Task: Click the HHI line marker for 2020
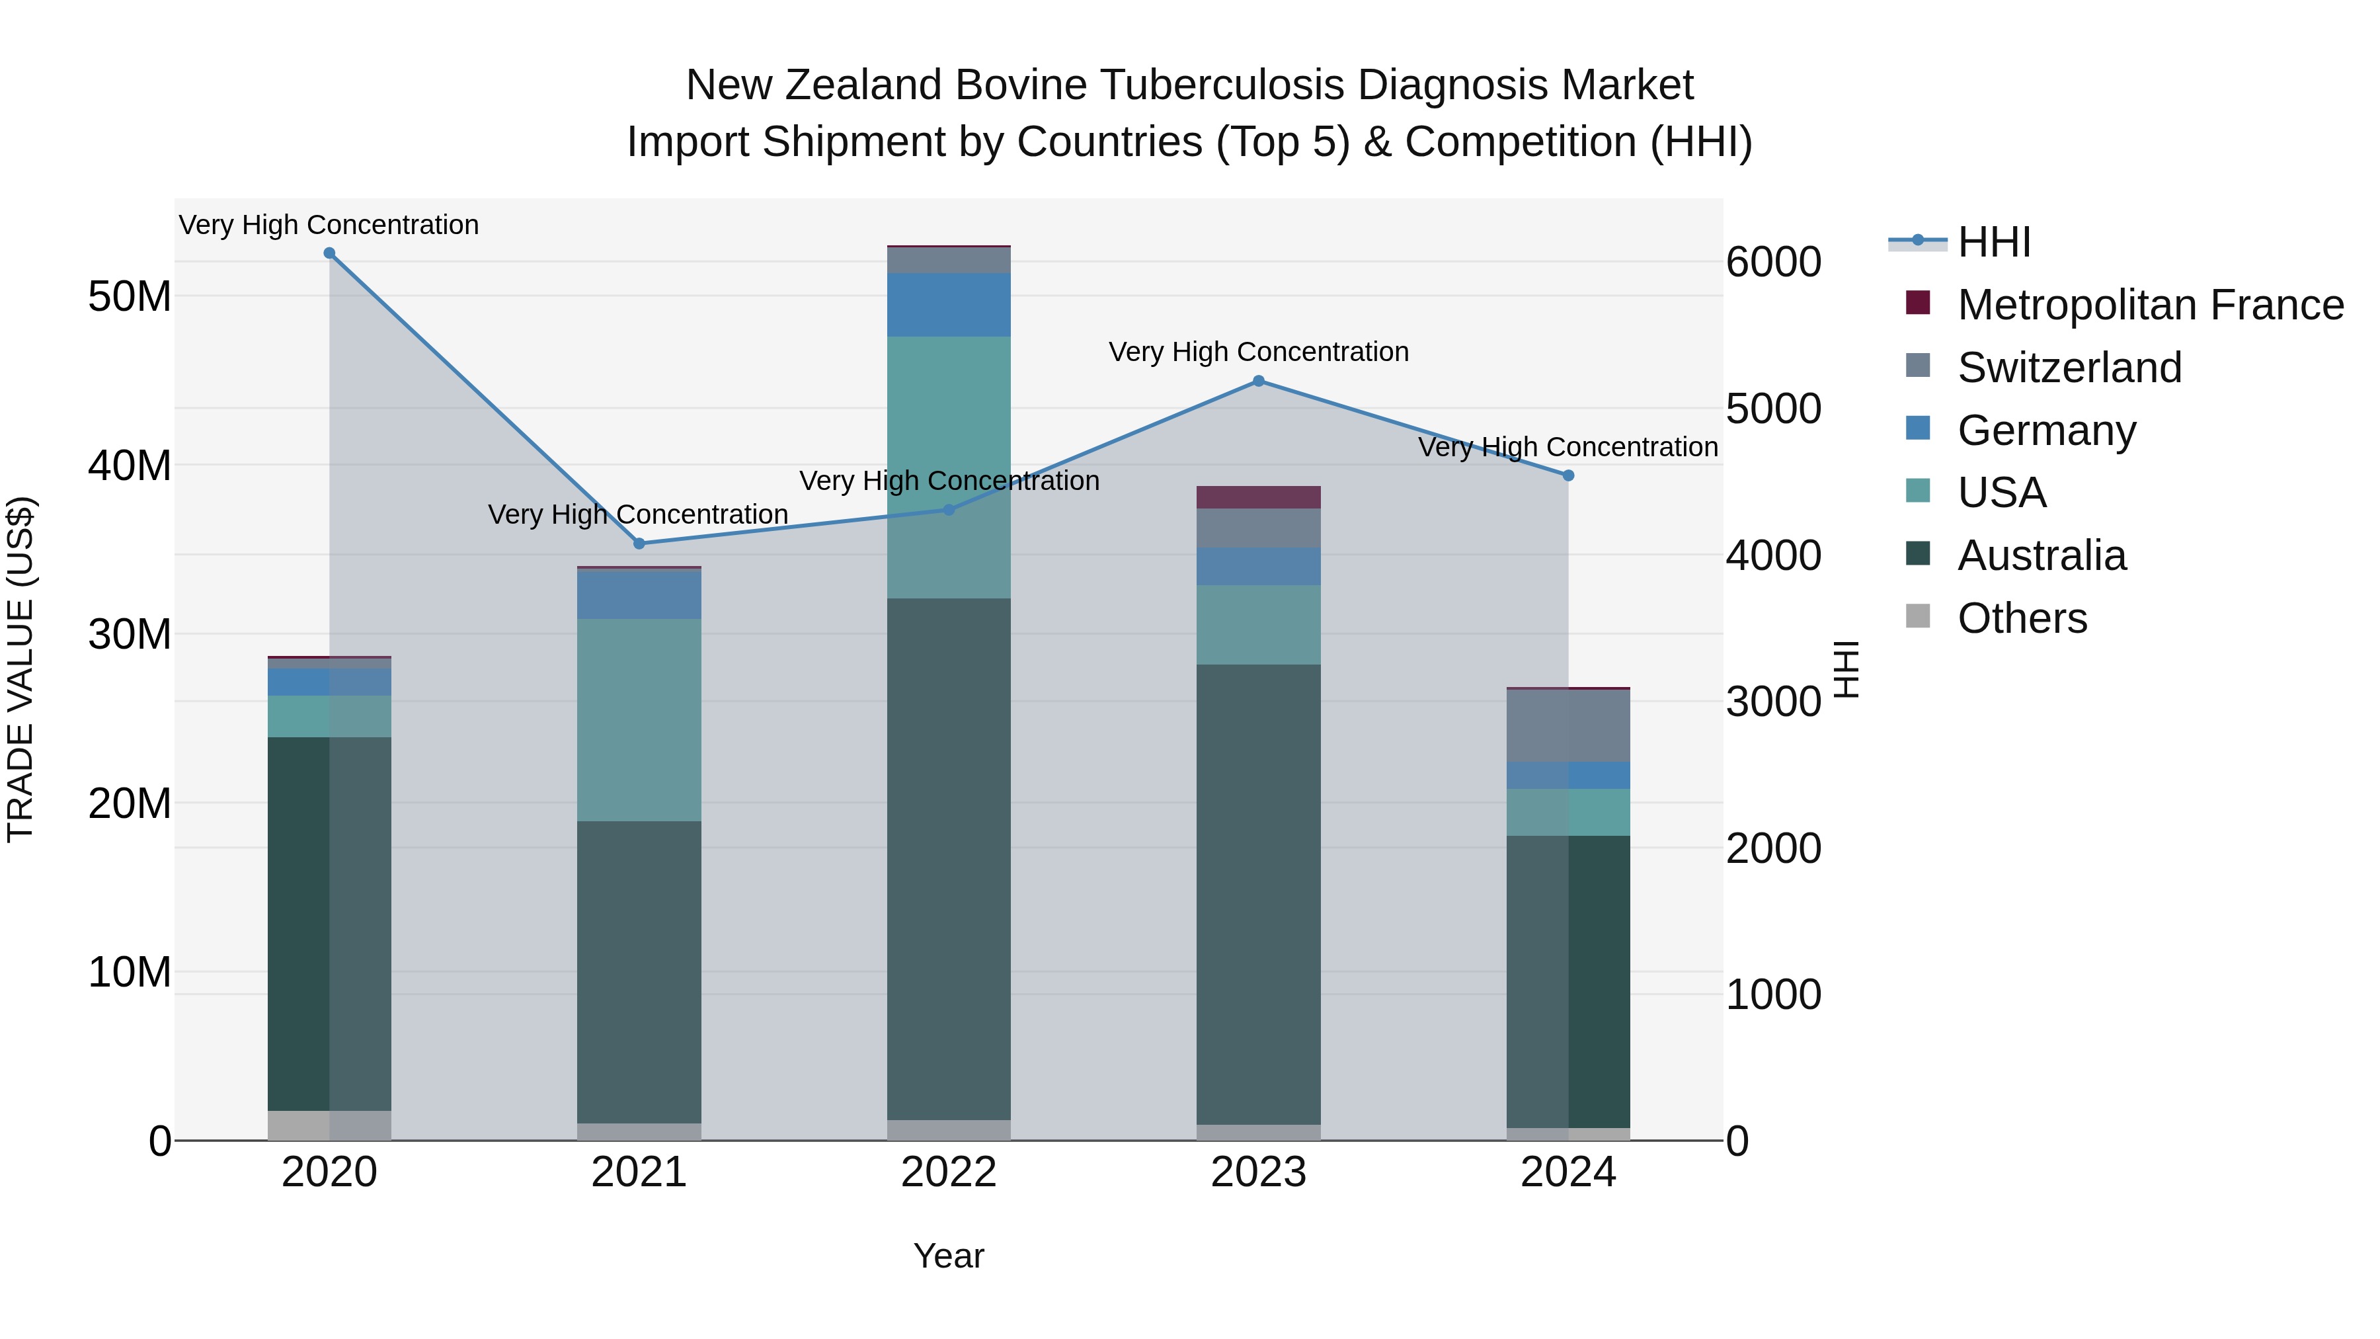click(x=329, y=253)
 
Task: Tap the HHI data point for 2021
click(x=639, y=544)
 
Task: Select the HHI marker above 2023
click(x=1257, y=381)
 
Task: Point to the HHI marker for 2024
click(x=1568, y=476)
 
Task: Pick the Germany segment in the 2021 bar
click(x=639, y=595)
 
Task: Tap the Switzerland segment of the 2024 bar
click(x=1568, y=725)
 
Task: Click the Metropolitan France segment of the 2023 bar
click(x=1257, y=497)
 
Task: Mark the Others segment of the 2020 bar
click(x=329, y=1125)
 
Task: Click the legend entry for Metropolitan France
click(x=2149, y=305)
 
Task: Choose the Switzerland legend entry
click(x=2069, y=368)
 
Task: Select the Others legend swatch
click(x=1918, y=616)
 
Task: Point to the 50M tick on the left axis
click(x=130, y=297)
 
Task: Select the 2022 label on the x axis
click(x=948, y=1172)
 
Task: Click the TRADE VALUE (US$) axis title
click(x=20, y=669)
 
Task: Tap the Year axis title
click(x=948, y=1256)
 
